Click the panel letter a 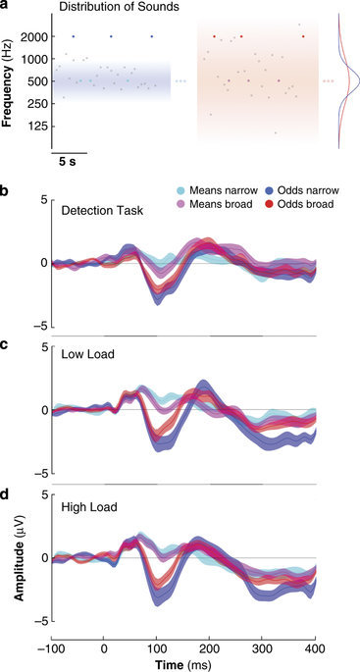click(x=6, y=7)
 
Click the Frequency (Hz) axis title click(x=8, y=81)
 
